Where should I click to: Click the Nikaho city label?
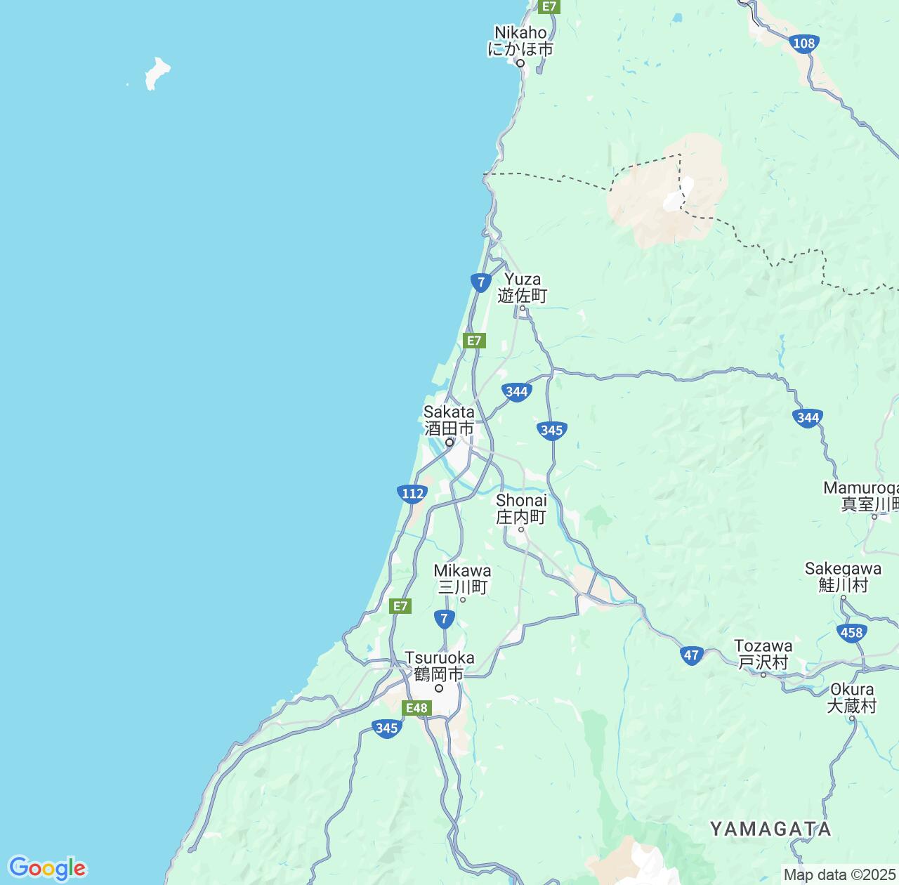click(520, 41)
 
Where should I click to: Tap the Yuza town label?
click(523, 287)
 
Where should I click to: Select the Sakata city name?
click(449, 420)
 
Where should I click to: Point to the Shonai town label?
click(521, 509)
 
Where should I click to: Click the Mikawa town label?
click(462, 578)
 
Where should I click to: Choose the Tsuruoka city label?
click(439, 666)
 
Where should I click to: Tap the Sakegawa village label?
click(843, 577)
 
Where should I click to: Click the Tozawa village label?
click(763, 654)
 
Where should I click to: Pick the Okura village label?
click(852, 697)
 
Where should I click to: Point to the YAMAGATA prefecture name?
click(770, 829)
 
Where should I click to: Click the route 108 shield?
click(803, 44)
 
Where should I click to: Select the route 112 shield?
click(412, 493)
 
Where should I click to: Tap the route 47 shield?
click(692, 655)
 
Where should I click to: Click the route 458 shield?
click(851, 633)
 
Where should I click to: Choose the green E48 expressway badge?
click(416, 708)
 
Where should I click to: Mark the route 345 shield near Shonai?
click(552, 430)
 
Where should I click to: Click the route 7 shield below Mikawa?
click(444, 619)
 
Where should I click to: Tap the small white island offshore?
click(157, 73)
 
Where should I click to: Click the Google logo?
click(47, 869)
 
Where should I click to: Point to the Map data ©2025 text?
click(840, 874)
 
